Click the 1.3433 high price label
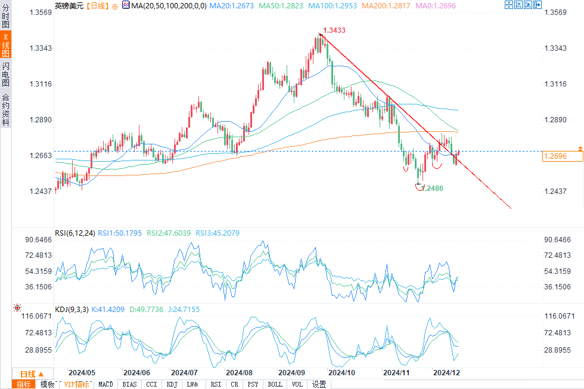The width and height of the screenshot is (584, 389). click(x=334, y=30)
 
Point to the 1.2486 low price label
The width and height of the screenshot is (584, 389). click(x=433, y=188)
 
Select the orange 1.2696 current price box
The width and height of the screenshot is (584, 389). click(x=562, y=156)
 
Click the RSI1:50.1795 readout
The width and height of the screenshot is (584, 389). click(x=120, y=233)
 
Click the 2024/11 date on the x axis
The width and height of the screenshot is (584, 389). click(x=395, y=372)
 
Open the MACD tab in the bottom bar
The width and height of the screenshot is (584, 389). click(x=105, y=384)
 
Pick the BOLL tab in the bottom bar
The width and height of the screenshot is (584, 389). click(x=275, y=384)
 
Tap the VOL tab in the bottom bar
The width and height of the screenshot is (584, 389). click(x=297, y=384)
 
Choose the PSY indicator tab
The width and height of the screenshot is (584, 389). click(x=253, y=384)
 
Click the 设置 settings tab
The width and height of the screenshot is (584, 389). click(x=319, y=384)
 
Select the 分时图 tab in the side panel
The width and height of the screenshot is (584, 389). click(x=5, y=16)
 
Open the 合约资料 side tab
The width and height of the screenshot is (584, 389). click(x=5, y=110)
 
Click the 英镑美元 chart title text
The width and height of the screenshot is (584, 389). click(x=69, y=5)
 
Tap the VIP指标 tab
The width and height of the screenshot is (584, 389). click(x=77, y=384)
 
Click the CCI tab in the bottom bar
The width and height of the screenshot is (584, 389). click(x=151, y=384)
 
